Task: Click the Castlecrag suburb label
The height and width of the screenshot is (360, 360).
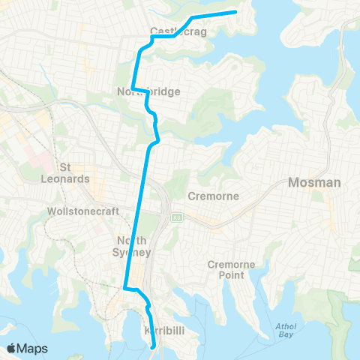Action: [x=174, y=31]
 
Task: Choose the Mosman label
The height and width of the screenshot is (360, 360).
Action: [x=315, y=182]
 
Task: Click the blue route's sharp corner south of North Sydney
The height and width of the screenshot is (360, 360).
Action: [x=124, y=286]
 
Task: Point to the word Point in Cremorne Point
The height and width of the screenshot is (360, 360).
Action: [x=237, y=275]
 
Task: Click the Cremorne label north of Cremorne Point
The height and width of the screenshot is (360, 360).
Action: [x=214, y=196]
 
